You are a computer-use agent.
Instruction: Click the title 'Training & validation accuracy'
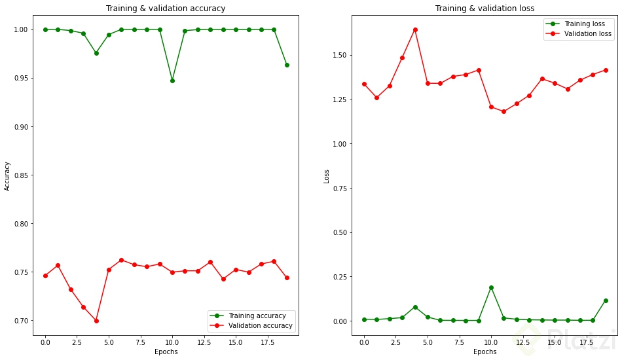click(166, 9)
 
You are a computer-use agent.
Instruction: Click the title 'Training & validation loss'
click(485, 9)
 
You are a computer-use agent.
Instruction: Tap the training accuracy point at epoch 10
click(172, 81)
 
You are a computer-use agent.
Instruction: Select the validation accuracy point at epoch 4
click(96, 321)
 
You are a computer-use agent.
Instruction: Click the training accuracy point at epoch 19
click(287, 65)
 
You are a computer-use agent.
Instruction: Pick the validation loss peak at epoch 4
click(415, 29)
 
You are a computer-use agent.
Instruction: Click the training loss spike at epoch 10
click(491, 287)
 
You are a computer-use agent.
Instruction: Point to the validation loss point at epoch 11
click(503, 111)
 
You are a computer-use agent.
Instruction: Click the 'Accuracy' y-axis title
click(7, 176)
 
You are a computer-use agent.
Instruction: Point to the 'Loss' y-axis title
click(326, 176)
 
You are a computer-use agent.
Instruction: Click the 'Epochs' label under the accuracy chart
click(166, 352)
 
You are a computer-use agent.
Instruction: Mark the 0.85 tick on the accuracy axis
click(20, 175)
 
